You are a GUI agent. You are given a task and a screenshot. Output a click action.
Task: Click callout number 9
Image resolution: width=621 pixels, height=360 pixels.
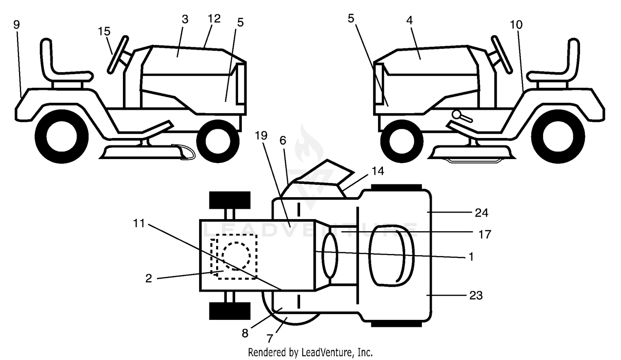[17, 25]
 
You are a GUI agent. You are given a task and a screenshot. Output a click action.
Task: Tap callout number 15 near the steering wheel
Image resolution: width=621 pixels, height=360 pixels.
[104, 31]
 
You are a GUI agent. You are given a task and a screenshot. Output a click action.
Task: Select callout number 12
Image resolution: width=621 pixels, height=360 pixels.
[214, 19]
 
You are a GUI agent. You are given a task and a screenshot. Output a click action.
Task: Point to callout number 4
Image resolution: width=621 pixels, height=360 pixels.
[409, 20]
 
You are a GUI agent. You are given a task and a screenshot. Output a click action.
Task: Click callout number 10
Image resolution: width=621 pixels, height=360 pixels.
[516, 25]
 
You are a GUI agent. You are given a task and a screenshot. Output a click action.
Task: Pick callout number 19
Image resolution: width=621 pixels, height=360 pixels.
[261, 135]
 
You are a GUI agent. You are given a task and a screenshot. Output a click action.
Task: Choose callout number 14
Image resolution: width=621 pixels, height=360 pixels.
[378, 171]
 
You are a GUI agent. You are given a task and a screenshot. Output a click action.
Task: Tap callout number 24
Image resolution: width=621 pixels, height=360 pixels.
[481, 213]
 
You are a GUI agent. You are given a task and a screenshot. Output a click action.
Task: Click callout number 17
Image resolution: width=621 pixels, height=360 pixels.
[485, 234]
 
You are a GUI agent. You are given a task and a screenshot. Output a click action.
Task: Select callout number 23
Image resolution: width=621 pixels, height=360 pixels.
[476, 296]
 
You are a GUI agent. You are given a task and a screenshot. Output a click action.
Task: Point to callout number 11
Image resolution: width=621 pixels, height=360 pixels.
[139, 223]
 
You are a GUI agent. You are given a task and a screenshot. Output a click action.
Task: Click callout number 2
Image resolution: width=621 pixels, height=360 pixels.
[149, 278]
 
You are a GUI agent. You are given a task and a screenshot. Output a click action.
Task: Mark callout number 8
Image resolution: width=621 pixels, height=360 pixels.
[245, 333]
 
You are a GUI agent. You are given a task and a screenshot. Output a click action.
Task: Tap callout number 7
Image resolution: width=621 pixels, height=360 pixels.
[270, 338]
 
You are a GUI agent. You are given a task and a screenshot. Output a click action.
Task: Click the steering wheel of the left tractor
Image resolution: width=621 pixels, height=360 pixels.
[118, 55]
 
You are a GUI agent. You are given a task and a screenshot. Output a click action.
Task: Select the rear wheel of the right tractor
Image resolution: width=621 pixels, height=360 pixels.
[558, 136]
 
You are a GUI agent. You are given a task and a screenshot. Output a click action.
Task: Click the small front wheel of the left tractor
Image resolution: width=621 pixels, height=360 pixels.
[218, 141]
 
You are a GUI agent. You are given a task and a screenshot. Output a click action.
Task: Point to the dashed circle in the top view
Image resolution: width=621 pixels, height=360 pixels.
[236, 256]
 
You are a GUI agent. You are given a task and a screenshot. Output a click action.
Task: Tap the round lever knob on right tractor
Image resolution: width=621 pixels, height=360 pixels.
[457, 114]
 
